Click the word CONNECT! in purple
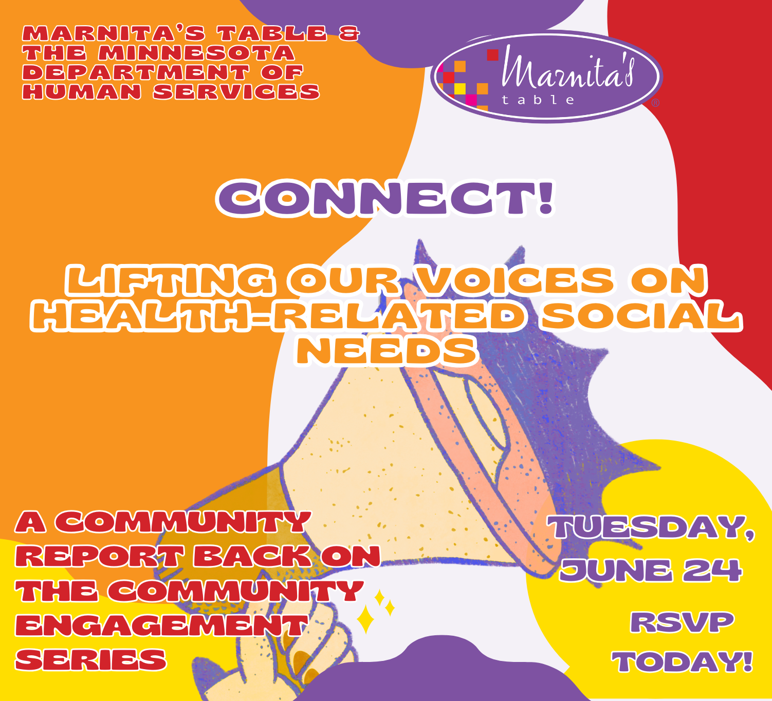[x=385, y=198]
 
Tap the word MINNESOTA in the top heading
[x=197, y=53]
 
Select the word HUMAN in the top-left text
[x=82, y=92]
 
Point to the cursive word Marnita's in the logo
[x=568, y=69]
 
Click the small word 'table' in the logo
[x=539, y=100]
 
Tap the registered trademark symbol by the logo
[x=655, y=103]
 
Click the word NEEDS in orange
[x=387, y=351]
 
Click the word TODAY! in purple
[x=683, y=661]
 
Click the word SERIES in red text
[x=91, y=660]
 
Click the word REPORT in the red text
[x=100, y=556]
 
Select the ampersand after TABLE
[x=349, y=33]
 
